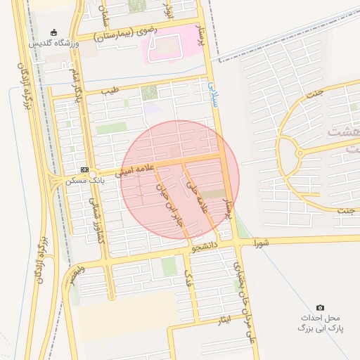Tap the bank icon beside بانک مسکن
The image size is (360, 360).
click(x=84, y=169)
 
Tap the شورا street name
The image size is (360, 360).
click(x=261, y=244)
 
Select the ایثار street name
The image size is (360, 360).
click(x=224, y=320)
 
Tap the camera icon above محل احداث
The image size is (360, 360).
click(x=321, y=307)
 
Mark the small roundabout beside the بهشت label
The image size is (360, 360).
click(x=300, y=153)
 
